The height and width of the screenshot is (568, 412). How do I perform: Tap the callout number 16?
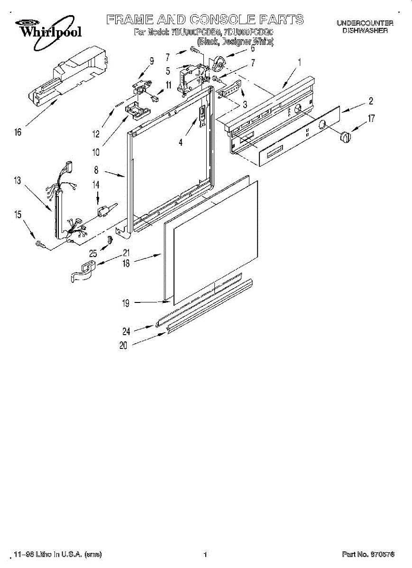[x=18, y=133]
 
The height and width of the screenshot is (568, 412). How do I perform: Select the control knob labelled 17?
[x=346, y=137]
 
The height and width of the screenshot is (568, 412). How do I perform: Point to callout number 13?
[x=18, y=180]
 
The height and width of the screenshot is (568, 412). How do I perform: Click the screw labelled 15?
[x=41, y=245]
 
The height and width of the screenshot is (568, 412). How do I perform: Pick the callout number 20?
[x=123, y=346]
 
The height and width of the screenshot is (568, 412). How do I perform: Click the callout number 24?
[x=126, y=330]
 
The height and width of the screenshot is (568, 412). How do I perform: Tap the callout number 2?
[x=371, y=100]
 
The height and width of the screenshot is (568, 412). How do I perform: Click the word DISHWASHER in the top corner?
[x=365, y=30]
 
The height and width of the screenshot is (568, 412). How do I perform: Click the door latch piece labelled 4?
[x=202, y=116]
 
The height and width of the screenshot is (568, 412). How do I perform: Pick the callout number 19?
[x=126, y=304]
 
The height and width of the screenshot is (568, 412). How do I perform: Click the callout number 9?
[x=152, y=61]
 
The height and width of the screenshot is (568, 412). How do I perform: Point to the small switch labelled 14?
[x=103, y=211]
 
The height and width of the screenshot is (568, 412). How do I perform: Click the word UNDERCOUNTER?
[x=365, y=23]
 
